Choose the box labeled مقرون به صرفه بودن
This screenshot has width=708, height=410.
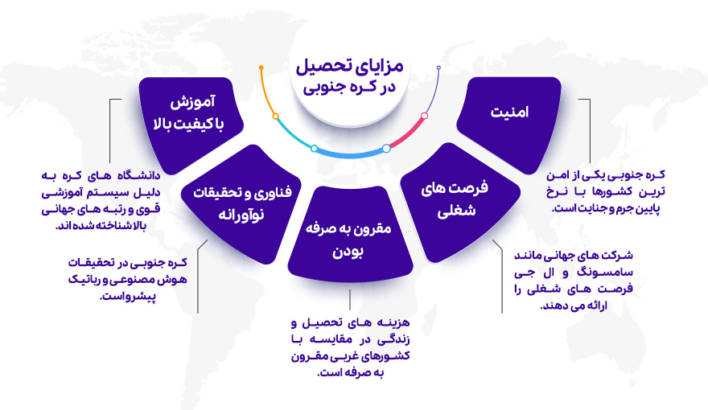pos(349,239)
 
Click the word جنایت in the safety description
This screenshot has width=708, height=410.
pos(585,208)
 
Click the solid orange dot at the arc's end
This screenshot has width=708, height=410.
pos(261,67)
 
